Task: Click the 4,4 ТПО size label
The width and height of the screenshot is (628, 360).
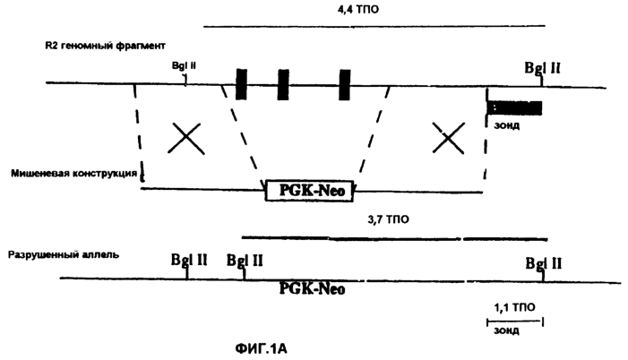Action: [x=357, y=9]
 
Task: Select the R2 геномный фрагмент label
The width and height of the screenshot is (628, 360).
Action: [x=105, y=46]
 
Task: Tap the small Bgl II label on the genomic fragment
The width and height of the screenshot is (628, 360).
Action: [x=184, y=65]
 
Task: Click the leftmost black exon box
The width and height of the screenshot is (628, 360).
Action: [x=241, y=84]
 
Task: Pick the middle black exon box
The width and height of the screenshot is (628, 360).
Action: [x=283, y=84]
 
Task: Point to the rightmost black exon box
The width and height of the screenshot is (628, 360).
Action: [x=344, y=84]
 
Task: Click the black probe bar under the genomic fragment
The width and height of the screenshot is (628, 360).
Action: [x=514, y=108]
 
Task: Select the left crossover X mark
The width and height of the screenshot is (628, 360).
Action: [x=185, y=138]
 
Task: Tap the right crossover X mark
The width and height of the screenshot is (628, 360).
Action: [x=449, y=138]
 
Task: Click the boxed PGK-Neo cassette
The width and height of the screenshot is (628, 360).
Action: [x=310, y=191]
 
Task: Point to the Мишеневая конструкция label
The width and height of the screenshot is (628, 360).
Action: [x=74, y=174]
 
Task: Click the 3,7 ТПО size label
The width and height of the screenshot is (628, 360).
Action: [x=389, y=219]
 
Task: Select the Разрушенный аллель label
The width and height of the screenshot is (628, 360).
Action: [x=64, y=254]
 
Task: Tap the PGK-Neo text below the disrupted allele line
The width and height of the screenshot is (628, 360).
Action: [x=312, y=288]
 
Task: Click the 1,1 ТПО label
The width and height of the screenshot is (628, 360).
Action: [x=514, y=307]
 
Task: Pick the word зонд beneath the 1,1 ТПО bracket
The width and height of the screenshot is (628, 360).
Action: [x=507, y=331]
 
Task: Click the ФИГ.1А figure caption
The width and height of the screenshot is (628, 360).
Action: [x=261, y=348]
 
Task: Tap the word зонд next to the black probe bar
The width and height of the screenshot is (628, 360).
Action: [x=507, y=125]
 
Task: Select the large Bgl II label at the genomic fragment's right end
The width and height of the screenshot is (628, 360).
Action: [x=542, y=68]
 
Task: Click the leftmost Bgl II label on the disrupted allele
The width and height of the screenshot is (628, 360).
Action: [x=189, y=260]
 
